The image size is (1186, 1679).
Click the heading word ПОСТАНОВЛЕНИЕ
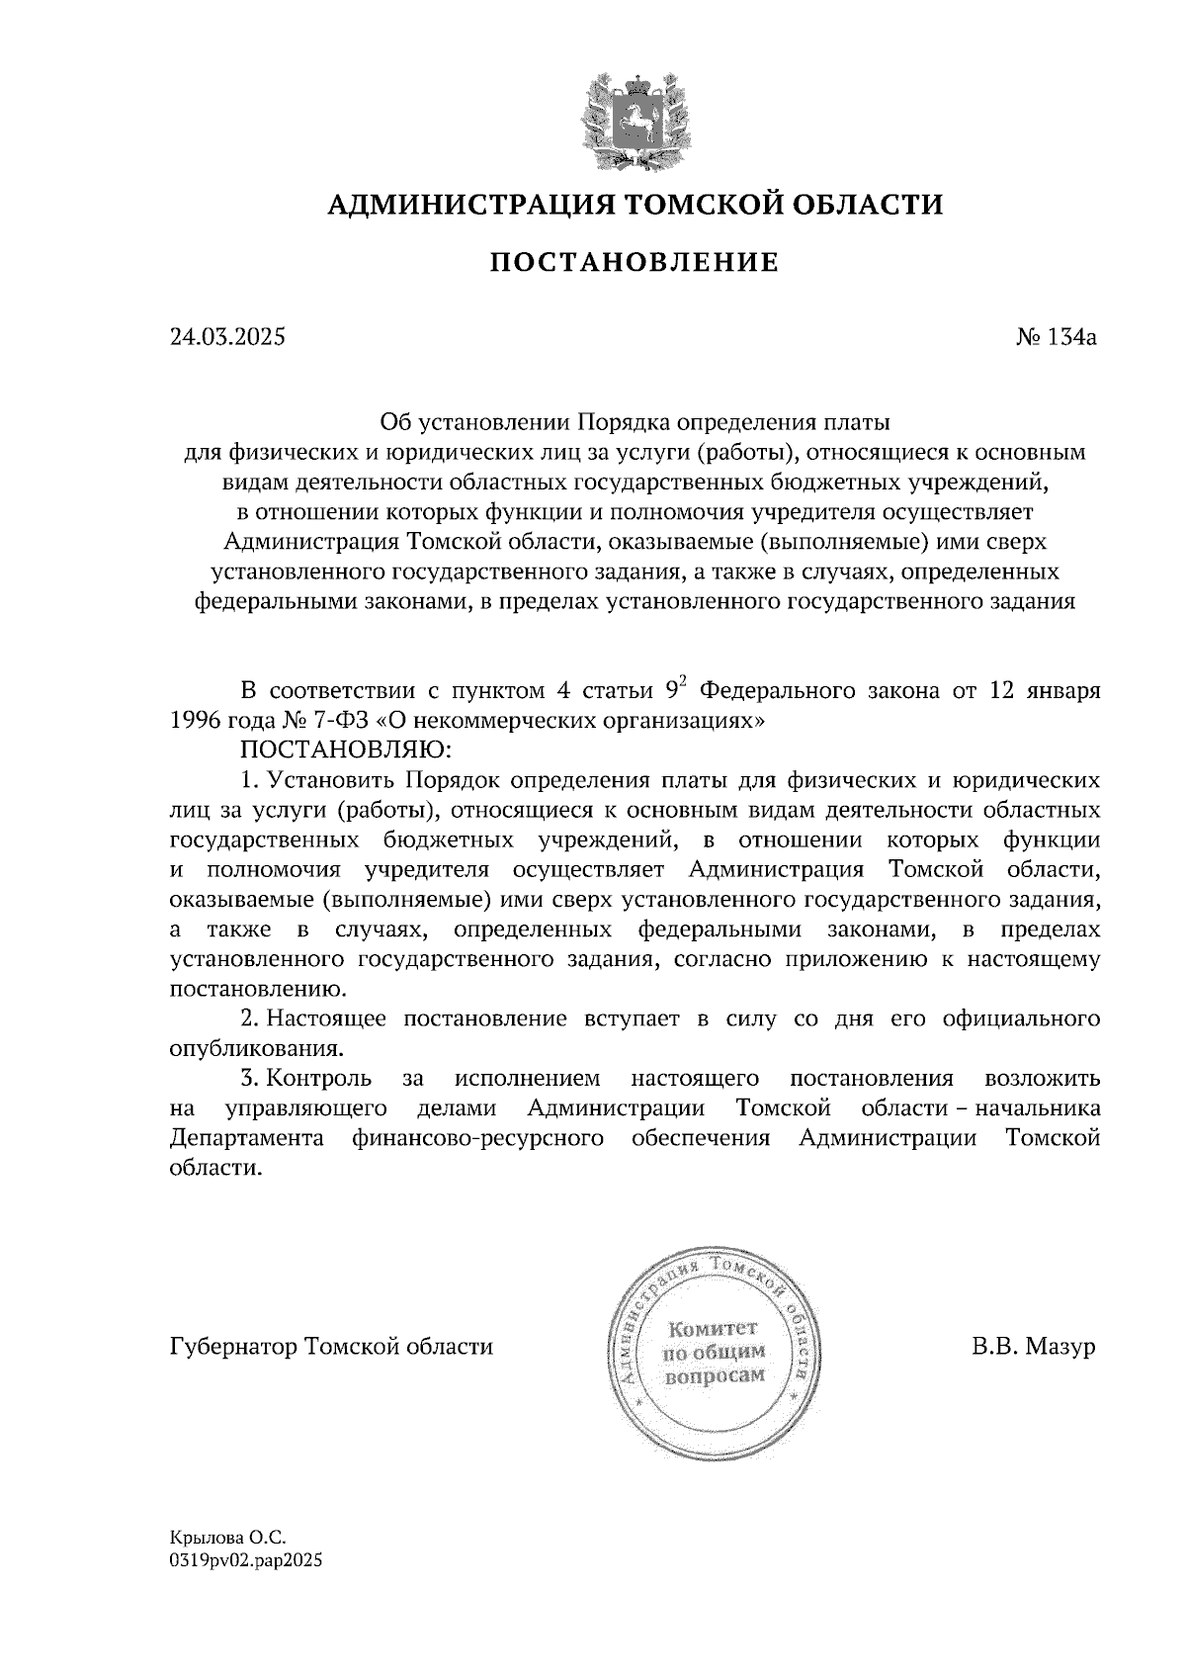pos(635,263)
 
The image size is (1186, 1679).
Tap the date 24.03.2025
pos(227,337)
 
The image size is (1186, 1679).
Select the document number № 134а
pos(1057,337)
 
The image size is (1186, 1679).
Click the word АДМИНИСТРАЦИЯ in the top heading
pos(464,205)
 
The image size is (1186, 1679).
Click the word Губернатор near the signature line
pos(233,1347)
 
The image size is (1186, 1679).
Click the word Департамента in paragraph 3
pos(247,1138)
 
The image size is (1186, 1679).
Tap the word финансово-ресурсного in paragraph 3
pos(477,1138)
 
